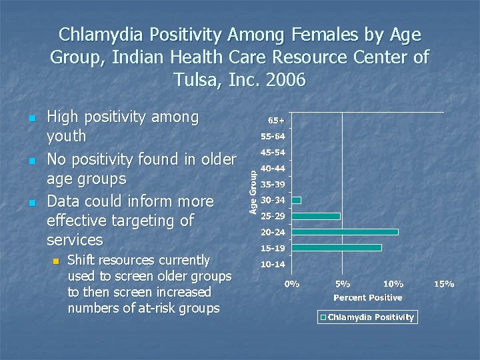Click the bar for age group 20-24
point(345,232)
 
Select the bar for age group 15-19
point(337,247)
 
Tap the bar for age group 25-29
point(316,216)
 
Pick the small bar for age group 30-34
point(297,200)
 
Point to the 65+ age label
point(277,121)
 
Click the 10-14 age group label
point(273,264)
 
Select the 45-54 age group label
point(273,153)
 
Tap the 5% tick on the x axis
point(342,284)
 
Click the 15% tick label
point(444,284)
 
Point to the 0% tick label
point(292,284)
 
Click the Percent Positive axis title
point(367,297)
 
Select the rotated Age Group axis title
point(253,190)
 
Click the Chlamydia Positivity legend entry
point(367,317)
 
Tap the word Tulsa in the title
point(195,81)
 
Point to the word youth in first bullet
point(67,136)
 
